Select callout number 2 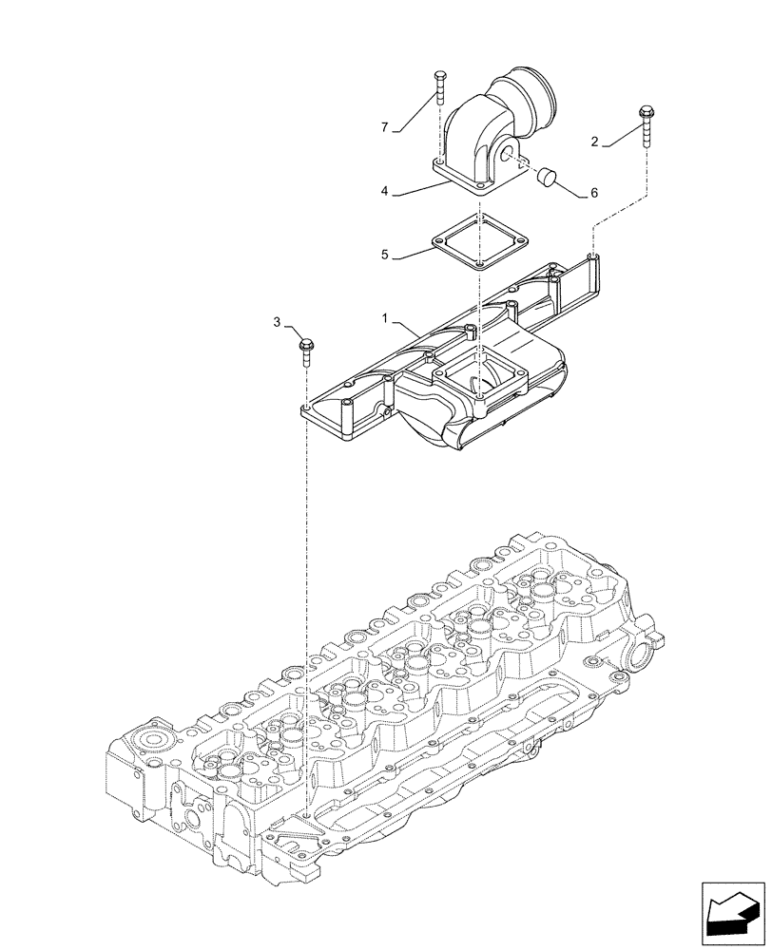[x=595, y=142]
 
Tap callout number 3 [x=278, y=323]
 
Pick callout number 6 [x=594, y=193]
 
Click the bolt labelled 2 [x=647, y=123]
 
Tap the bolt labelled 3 [x=307, y=350]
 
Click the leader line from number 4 [x=414, y=186]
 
